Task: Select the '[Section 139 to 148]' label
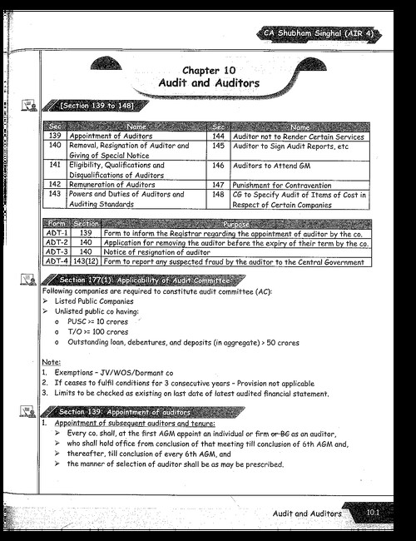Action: coord(94,106)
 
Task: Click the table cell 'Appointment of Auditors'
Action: coord(108,136)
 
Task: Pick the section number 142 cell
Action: coord(55,184)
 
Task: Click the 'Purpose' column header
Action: coord(235,225)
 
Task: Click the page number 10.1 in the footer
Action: coord(374,514)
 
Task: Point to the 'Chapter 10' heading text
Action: coord(208,71)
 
